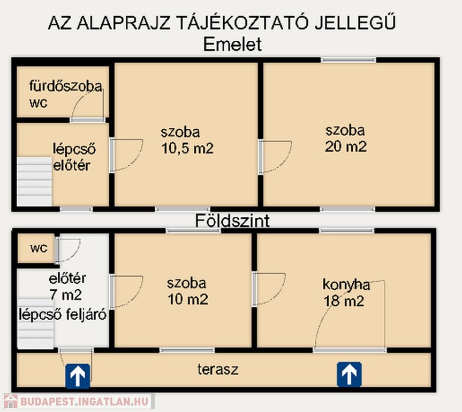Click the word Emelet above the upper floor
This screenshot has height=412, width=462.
[x=232, y=45]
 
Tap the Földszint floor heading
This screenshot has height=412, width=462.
[x=232, y=221]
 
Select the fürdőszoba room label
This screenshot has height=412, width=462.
[x=66, y=86]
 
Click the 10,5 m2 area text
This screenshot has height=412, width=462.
[x=187, y=148]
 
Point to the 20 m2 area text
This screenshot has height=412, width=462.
[x=346, y=146]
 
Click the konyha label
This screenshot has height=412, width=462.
[x=346, y=285]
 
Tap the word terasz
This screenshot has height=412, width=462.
[x=218, y=370]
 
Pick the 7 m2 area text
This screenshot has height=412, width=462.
[x=66, y=295]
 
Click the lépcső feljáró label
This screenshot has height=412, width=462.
[x=63, y=314]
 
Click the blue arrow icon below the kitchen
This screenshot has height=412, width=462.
[x=349, y=374]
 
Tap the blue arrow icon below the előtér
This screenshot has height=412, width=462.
[x=78, y=376]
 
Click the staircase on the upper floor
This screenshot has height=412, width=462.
[x=34, y=181]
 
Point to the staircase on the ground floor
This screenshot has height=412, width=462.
[x=36, y=323]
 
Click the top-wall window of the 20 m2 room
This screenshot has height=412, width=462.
[x=349, y=60]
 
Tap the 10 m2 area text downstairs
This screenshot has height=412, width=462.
[x=188, y=299]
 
